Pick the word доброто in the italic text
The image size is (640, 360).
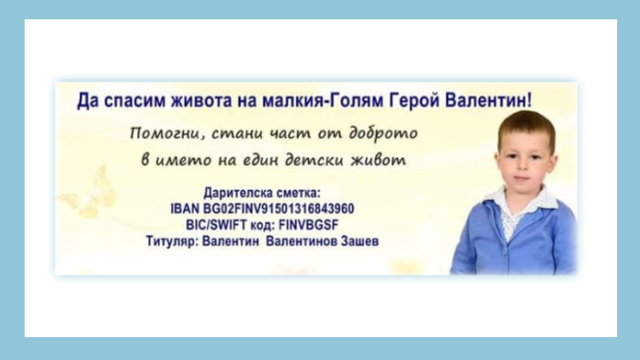point(383,132)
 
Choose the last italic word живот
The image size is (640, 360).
point(379,159)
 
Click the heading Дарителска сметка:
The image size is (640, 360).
point(262,193)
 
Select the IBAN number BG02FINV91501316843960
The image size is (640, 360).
point(278,208)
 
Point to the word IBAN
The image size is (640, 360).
point(185,208)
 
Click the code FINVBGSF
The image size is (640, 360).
point(309,225)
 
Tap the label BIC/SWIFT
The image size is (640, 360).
point(217,225)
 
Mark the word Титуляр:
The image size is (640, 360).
point(172,241)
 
